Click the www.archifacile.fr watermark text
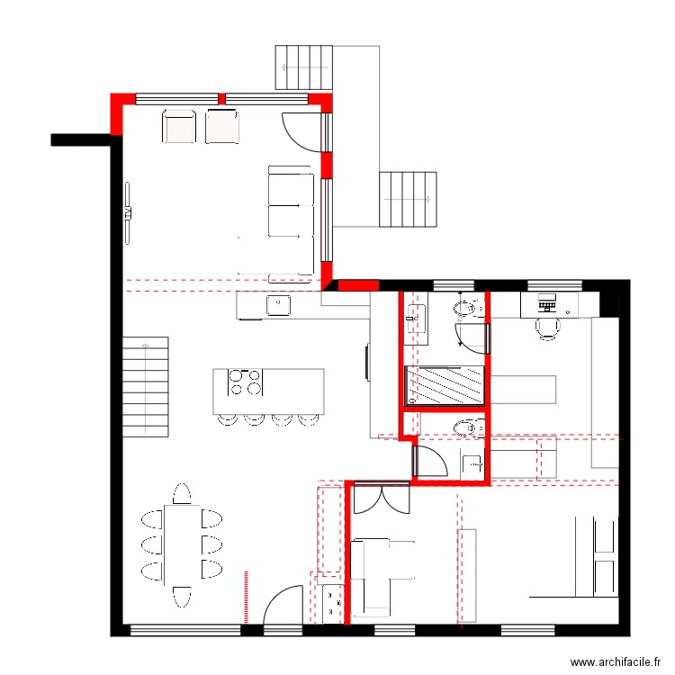(x=616, y=661)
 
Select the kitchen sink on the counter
(x=278, y=305)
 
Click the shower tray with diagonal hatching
(x=445, y=385)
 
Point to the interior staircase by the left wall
(x=146, y=387)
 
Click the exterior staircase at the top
(x=304, y=67)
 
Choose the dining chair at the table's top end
(x=182, y=493)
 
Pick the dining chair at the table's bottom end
(x=182, y=597)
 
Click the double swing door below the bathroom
(x=381, y=498)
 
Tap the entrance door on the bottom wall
(x=283, y=605)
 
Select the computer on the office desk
(x=547, y=302)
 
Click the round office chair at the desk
(x=547, y=328)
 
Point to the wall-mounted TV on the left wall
(x=128, y=213)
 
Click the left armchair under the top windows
(x=179, y=127)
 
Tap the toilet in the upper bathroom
(x=469, y=308)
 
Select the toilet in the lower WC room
(x=469, y=427)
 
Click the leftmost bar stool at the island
(x=228, y=419)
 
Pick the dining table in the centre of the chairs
(x=182, y=545)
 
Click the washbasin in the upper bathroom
(x=417, y=319)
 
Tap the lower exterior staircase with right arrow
(x=408, y=199)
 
